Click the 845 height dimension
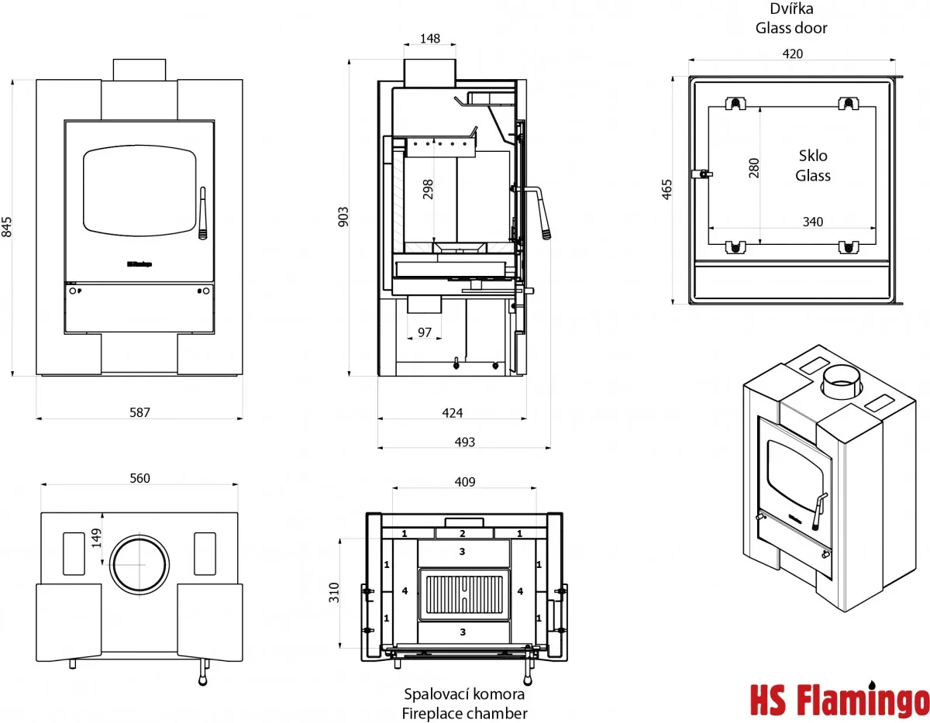[x=7, y=227]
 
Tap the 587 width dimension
[x=139, y=412]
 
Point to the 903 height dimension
[x=344, y=216]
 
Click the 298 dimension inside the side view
[x=428, y=190]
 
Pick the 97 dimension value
[x=424, y=332]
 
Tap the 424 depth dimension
[x=452, y=412]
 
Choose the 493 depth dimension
[x=464, y=442]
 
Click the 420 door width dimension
[x=793, y=53]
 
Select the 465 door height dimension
[x=668, y=190]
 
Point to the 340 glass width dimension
[x=812, y=222]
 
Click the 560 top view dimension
[x=139, y=478]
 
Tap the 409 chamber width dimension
[x=464, y=482]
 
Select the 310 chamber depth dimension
[x=334, y=593]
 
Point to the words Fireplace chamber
[x=465, y=713]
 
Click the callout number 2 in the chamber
[x=463, y=533]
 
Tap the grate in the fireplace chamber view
[x=463, y=594]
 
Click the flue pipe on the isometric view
[x=841, y=383]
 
